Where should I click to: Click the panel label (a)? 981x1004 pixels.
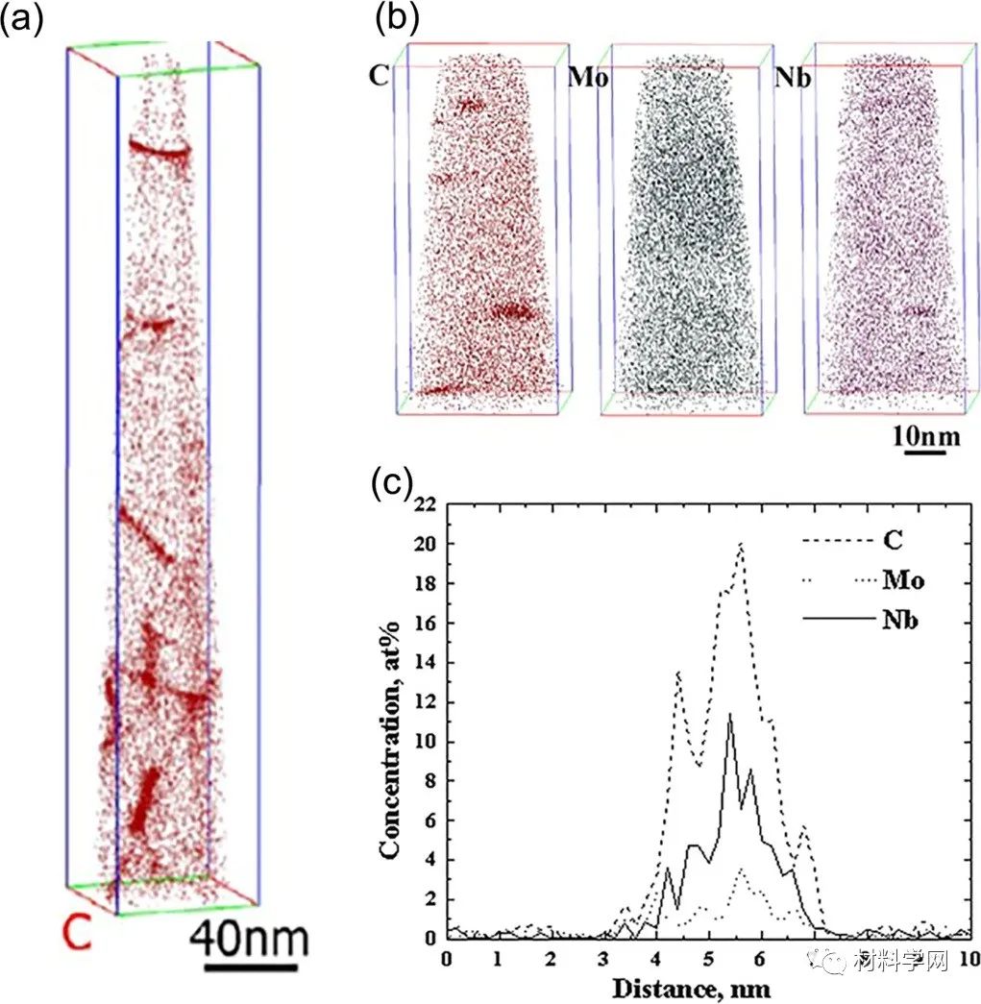pos(23,20)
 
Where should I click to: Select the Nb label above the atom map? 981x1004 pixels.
pos(792,77)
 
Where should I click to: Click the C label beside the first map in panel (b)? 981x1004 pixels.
pos(379,76)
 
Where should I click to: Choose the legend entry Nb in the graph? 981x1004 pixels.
pos(900,620)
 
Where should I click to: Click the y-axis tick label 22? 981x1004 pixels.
pos(426,505)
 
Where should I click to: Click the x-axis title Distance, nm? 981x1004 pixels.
pos(708,987)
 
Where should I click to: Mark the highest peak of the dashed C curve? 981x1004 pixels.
pos(741,545)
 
